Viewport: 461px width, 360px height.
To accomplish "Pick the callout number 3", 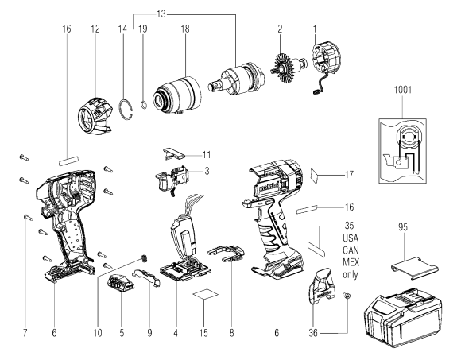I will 207,172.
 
